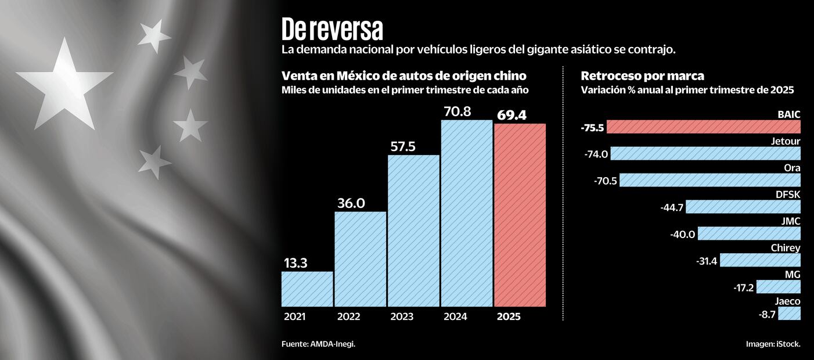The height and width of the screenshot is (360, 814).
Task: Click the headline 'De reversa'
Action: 332,29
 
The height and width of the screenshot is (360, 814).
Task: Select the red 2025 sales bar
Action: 520,215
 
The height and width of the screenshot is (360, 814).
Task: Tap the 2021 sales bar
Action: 307,289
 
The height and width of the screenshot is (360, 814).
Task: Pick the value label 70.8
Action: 465,111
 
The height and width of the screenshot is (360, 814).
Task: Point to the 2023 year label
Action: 402,317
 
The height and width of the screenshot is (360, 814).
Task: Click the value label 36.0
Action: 351,203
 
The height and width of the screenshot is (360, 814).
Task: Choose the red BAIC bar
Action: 703,127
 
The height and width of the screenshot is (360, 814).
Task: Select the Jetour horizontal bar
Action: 705,153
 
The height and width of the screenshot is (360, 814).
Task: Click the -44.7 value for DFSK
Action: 672,207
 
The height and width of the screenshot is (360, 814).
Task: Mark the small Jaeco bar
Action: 789,314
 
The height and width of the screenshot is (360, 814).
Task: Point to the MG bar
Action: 778,287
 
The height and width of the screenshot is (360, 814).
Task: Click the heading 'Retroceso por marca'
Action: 643,76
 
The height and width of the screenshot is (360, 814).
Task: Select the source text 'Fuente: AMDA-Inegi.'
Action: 318,344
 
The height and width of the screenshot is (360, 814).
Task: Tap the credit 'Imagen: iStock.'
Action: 773,344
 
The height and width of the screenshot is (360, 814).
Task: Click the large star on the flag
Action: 64,82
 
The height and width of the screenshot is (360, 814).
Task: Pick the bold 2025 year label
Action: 509,317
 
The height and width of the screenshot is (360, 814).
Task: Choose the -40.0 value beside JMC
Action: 683,234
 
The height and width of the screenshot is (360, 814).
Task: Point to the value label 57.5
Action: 403,147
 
